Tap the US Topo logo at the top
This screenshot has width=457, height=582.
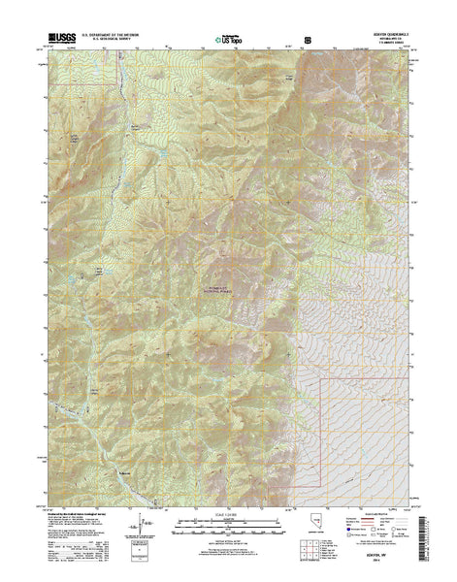pyautogui.click(x=227, y=40)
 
